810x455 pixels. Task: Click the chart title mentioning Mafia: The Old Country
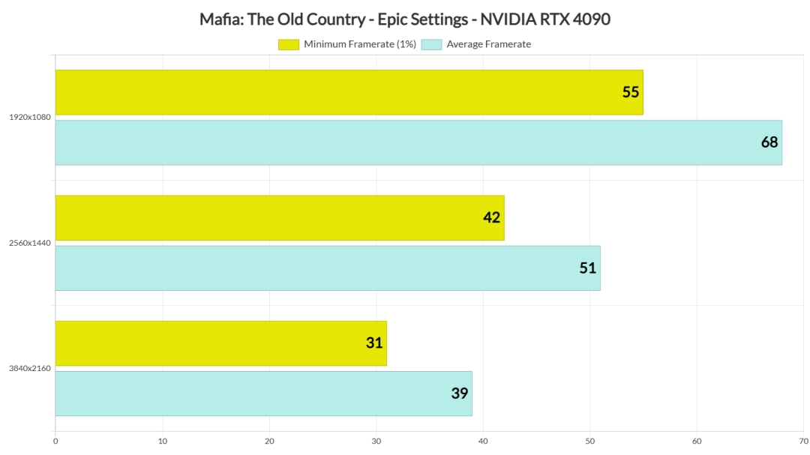tap(405, 19)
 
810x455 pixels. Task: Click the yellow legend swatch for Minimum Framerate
tap(289, 44)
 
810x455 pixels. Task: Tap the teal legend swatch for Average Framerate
tap(431, 44)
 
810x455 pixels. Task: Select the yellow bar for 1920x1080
tap(349, 92)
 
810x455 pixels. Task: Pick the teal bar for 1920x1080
tap(418, 142)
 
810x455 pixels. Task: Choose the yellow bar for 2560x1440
tap(280, 217)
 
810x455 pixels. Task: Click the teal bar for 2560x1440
tap(328, 268)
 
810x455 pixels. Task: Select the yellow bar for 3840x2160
tap(220, 343)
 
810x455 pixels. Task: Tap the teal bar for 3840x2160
tap(263, 394)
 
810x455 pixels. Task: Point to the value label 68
tap(769, 142)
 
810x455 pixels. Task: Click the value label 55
tap(631, 92)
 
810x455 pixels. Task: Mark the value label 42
tap(492, 217)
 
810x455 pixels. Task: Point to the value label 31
tap(374, 343)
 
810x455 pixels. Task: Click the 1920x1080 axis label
tap(30, 118)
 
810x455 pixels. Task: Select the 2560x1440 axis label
tap(30, 243)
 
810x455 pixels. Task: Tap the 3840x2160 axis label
tap(30, 368)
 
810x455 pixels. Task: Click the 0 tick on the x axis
tap(55, 441)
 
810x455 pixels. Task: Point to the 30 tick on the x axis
tap(376, 441)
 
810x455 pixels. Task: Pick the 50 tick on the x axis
tap(589, 441)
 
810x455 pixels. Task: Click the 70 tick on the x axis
tap(802, 441)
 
